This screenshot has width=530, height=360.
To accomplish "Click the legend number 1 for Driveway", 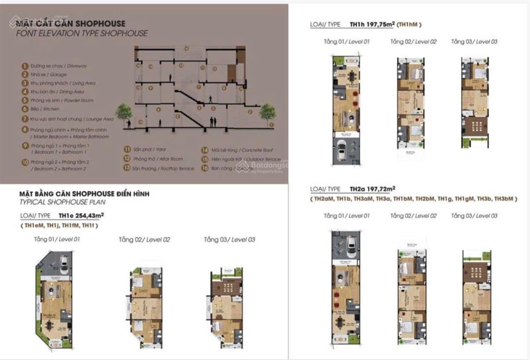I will click(24, 66).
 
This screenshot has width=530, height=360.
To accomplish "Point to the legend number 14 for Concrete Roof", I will click(205, 150).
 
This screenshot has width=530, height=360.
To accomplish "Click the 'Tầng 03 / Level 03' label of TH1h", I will click(474, 41).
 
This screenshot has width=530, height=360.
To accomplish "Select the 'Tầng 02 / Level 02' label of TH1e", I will click(144, 240).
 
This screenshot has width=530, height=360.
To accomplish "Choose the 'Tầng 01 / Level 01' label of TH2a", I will click(346, 215).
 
